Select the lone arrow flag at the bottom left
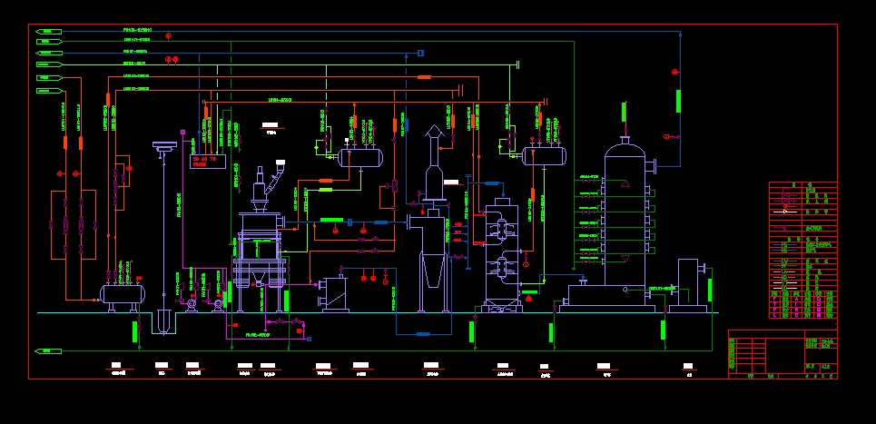pyautogui.click(x=48, y=350)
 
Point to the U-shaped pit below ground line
pyautogui.click(x=163, y=322)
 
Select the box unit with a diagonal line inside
pyautogui.click(x=333, y=293)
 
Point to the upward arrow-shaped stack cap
pyautogui.click(x=435, y=133)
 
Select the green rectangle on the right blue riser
pyautogui.click(x=678, y=101)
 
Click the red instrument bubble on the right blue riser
pyautogui.click(x=674, y=71)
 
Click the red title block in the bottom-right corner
pyautogui.click(x=782, y=356)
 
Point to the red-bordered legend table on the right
pyautogui.click(x=802, y=250)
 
